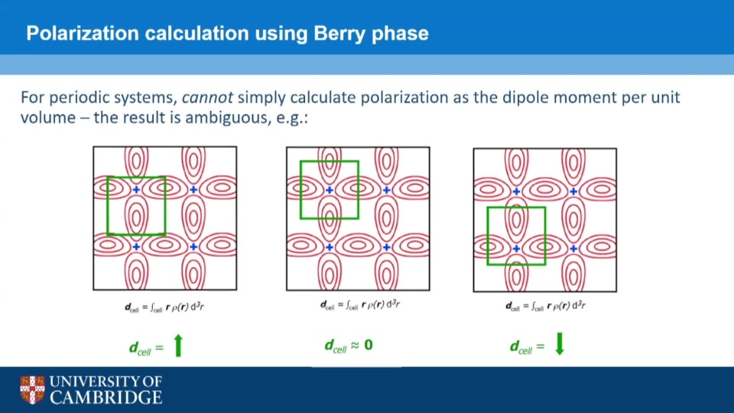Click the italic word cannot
pos(207,97)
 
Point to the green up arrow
pos(178,346)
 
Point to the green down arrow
pos(560,344)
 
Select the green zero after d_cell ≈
pos(369,345)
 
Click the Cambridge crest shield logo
pos(32,389)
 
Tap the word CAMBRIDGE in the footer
pos(106,398)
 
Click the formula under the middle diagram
pos(359,305)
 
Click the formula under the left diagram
pos(164,307)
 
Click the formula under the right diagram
pos(545,306)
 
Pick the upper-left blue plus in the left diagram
pos(136,190)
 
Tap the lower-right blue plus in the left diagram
pos(193,247)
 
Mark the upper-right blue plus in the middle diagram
pos(387,190)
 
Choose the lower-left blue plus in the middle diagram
pos(330,247)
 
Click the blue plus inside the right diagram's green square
pos(516,249)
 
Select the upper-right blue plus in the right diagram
pos(573,191)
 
